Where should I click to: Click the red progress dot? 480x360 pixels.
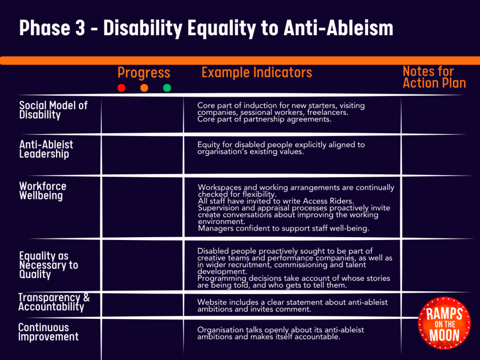point(121,88)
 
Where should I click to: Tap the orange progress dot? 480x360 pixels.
point(144,88)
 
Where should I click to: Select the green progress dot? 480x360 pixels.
point(167,88)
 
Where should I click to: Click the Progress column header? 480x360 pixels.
point(144,73)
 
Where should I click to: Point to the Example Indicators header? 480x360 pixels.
point(257,72)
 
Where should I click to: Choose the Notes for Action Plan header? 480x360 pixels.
point(434,77)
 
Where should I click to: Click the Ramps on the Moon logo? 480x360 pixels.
point(444,323)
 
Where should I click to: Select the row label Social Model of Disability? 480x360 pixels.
point(53,110)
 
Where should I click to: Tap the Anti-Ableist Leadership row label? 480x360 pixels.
point(46,149)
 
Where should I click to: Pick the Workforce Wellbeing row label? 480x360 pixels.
point(43,191)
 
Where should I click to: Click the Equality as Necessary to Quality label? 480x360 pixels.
point(49,265)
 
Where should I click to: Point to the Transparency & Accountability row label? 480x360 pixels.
point(54,302)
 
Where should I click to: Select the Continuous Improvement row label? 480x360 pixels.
point(48,332)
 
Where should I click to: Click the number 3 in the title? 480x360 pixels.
point(80,28)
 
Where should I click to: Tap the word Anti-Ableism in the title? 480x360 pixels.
point(338,28)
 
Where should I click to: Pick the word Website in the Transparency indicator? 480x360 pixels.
point(211,302)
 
